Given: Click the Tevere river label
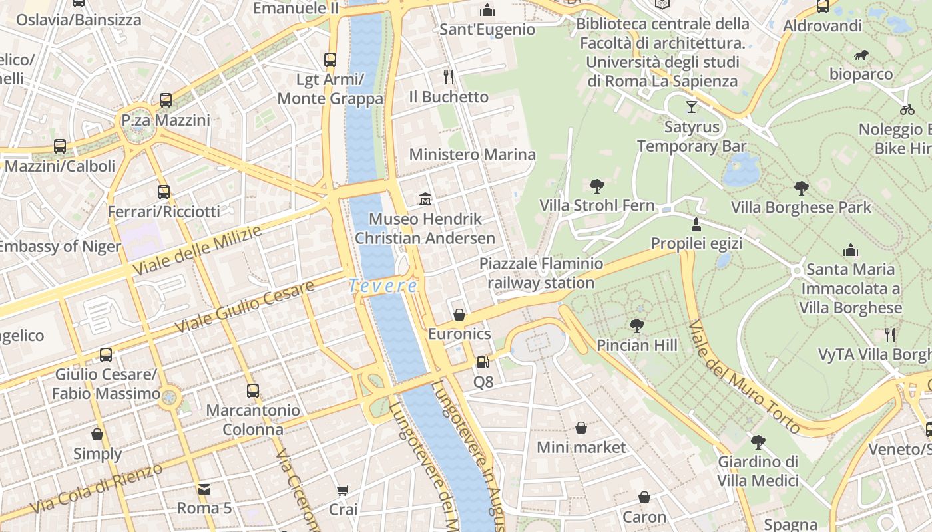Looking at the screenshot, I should coord(383,286).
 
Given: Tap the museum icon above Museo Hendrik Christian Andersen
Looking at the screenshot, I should coord(425,199).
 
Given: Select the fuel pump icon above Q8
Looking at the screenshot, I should coord(483,362).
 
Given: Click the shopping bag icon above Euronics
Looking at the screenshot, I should coord(459,314).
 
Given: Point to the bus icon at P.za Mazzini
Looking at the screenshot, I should coord(166,100).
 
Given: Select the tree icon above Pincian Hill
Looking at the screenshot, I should coord(637,325).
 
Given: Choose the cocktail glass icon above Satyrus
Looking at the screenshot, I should coord(692,106).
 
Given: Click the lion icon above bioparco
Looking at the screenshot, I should coord(861,55).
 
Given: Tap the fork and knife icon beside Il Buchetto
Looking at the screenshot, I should coord(449,77).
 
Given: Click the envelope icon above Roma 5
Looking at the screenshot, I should coord(204,489).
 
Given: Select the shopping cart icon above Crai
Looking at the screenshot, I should coord(343,491).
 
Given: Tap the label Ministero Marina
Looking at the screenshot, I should coord(472,155).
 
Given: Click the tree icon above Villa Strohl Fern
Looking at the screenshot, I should coord(597,186).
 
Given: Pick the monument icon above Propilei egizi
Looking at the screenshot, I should coord(696,224).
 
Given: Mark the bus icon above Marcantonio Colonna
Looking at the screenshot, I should coord(252,391).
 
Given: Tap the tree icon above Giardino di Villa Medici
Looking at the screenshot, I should coord(758,442).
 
